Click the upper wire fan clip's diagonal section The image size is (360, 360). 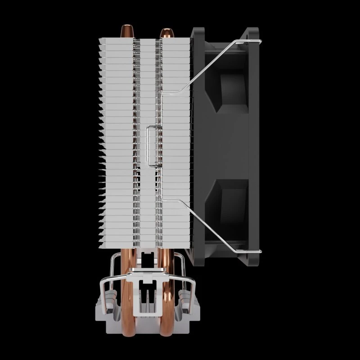click(x=211, y=67)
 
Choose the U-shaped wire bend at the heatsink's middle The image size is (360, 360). click(x=149, y=144)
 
